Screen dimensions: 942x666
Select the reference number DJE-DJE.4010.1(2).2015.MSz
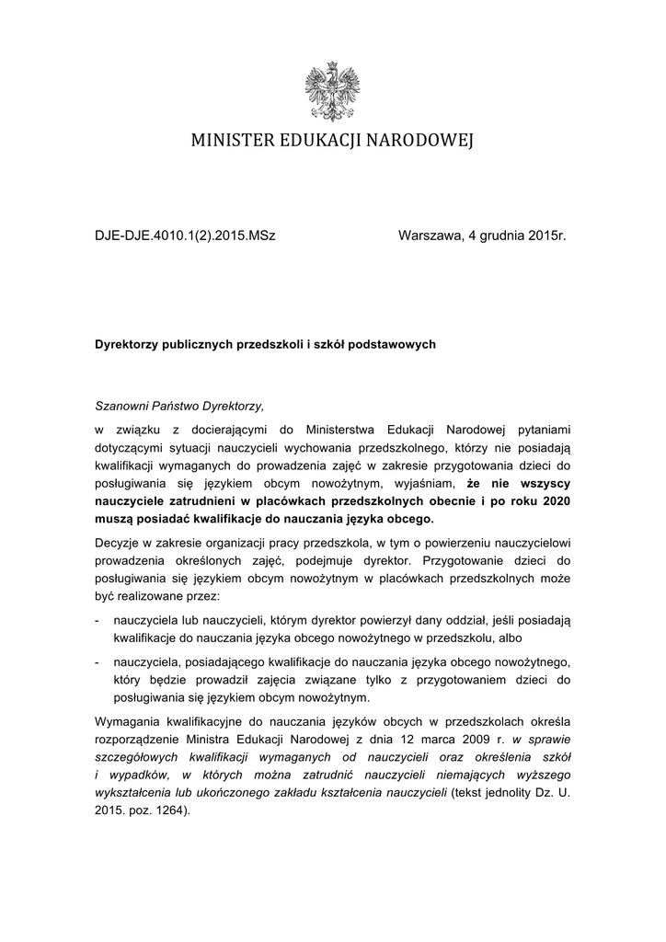pyautogui.click(x=186, y=236)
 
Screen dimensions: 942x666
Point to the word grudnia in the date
pyautogui.click(x=502, y=236)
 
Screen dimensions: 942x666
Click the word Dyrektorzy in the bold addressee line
pyautogui.click(x=128, y=345)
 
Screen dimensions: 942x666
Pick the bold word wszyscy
pyautogui.click(x=545, y=483)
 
